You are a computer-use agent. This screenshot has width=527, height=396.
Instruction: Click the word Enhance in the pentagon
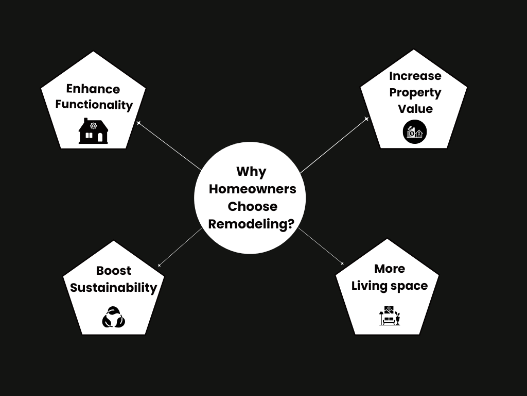coord(93,89)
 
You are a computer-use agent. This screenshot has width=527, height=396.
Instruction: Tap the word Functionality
coord(94,105)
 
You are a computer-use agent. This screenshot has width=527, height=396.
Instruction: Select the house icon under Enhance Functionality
coord(93,131)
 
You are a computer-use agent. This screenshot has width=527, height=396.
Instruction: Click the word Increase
coord(415,76)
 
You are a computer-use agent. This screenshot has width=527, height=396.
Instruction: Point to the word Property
coord(415,93)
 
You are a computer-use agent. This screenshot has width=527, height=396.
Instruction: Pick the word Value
coord(415,109)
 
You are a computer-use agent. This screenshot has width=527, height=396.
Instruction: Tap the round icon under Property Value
coord(415,133)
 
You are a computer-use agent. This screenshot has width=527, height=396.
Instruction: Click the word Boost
coord(113,271)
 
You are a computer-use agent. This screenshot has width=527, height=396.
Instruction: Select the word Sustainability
coord(113,287)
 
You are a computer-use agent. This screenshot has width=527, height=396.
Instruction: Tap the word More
coord(390,269)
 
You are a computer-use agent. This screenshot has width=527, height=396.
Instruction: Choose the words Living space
coord(390,286)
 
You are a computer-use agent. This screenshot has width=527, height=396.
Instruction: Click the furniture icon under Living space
coord(390,316)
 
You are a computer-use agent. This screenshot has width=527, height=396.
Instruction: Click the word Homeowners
coord(252,189)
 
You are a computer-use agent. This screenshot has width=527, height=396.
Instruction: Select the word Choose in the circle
coord(252,206)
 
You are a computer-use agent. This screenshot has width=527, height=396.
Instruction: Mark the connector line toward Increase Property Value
coord(333,146)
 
